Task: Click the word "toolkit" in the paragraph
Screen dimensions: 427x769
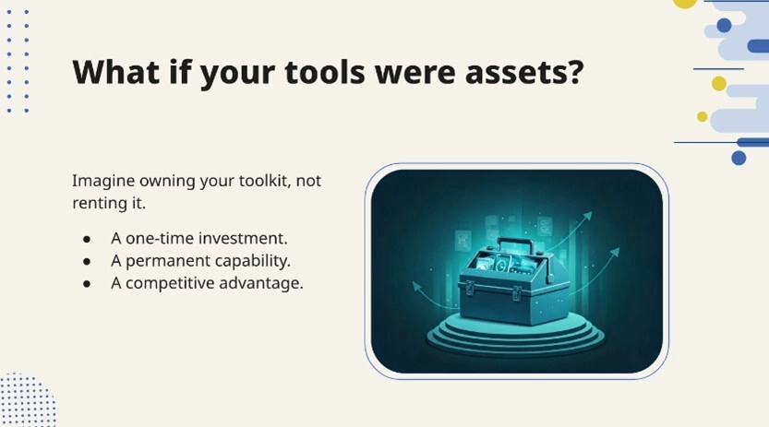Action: pyautogui.click(x=265, y=181)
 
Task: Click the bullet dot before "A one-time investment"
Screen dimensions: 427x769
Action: pyautogui.click(x=87, y=239)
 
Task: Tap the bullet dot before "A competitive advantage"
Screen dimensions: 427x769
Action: pyautogui.click(x=87, y=284)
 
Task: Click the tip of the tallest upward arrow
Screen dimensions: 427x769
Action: pyautogui.click(x=589, y=214)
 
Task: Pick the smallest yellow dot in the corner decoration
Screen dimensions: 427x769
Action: pyautogui.click(x=702, y=117)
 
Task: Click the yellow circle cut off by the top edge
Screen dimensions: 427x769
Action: pyautogui.click(x=685, y=3)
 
